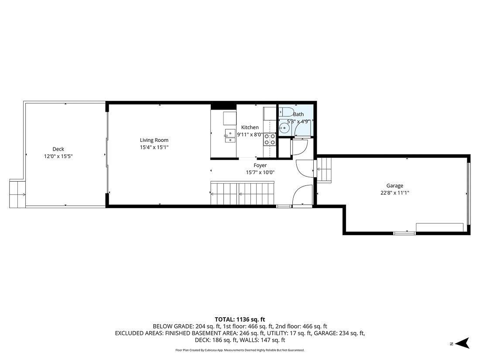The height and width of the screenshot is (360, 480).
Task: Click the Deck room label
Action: (58, 149)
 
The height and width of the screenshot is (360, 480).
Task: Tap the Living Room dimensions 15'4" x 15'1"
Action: (154, 147)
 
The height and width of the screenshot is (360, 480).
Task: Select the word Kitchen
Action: (250, 127)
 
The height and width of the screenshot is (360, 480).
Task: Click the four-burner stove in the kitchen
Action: (270, 139)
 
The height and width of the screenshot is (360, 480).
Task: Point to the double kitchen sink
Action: (229, 136)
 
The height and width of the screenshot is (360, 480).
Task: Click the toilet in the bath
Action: (287, 111)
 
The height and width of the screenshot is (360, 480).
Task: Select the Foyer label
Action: (260, 165)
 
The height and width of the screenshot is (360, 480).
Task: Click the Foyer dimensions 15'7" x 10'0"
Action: (260, 172)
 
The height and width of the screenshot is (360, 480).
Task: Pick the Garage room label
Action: (394, 185)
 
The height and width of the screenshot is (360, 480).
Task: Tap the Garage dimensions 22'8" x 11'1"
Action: (394, 192)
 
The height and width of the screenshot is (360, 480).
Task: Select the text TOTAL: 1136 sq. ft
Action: (240, 319)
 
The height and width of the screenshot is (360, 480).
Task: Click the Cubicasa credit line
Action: (240, 350)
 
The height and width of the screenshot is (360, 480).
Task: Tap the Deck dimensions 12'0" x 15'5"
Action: (58, 156)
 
